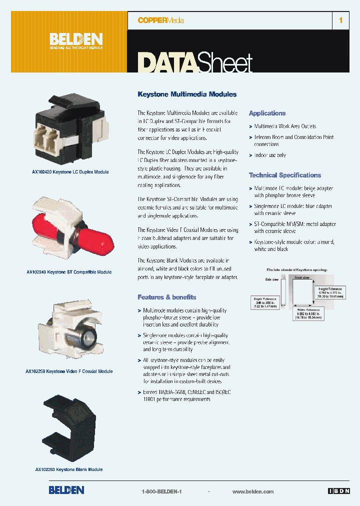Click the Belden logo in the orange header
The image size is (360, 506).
pos(76,40)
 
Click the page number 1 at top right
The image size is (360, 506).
pos(341,20)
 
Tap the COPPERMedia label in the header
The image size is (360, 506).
pos(161,20)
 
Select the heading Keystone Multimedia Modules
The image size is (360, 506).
pos(187,94)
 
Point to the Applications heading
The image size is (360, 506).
pos(267,113)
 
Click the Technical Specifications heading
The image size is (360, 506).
pos(285,175)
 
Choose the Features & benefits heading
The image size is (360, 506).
pos(167,297)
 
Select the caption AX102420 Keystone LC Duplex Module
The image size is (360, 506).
pos(70,172)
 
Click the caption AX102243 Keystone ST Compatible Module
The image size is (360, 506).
pos(69,272)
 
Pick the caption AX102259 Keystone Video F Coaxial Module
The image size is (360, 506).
pos(69,371)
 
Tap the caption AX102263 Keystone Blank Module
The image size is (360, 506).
pos(69,469)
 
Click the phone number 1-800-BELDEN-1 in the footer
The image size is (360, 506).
pos(161,491)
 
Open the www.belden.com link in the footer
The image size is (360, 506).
pos(253,491)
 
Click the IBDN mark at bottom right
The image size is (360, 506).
pos(339,491)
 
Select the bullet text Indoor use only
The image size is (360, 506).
pos(270,155)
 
